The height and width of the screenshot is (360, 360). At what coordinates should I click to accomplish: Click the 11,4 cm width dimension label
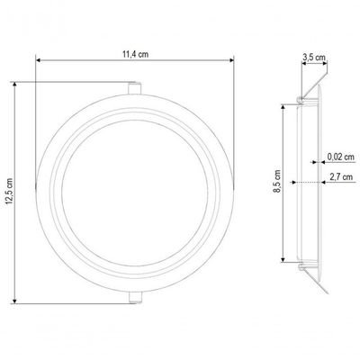[135, 54]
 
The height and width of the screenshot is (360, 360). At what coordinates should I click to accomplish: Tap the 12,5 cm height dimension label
[9, 192]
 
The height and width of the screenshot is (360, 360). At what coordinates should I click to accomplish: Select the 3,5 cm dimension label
[314, 57]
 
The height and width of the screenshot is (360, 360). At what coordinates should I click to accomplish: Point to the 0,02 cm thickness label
[340, 157]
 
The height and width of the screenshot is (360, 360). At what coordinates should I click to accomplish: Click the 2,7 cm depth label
[341, 176]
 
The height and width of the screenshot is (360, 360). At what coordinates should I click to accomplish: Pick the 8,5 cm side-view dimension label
[277, 181]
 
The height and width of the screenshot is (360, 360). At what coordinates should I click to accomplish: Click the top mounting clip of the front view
[135, 88]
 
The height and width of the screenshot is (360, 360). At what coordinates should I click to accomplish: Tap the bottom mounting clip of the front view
[135, 297]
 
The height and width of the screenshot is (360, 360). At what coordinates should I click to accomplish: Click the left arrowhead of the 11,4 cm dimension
[38, 60]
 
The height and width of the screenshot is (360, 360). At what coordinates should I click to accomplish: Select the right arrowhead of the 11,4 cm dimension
[231, 60]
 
